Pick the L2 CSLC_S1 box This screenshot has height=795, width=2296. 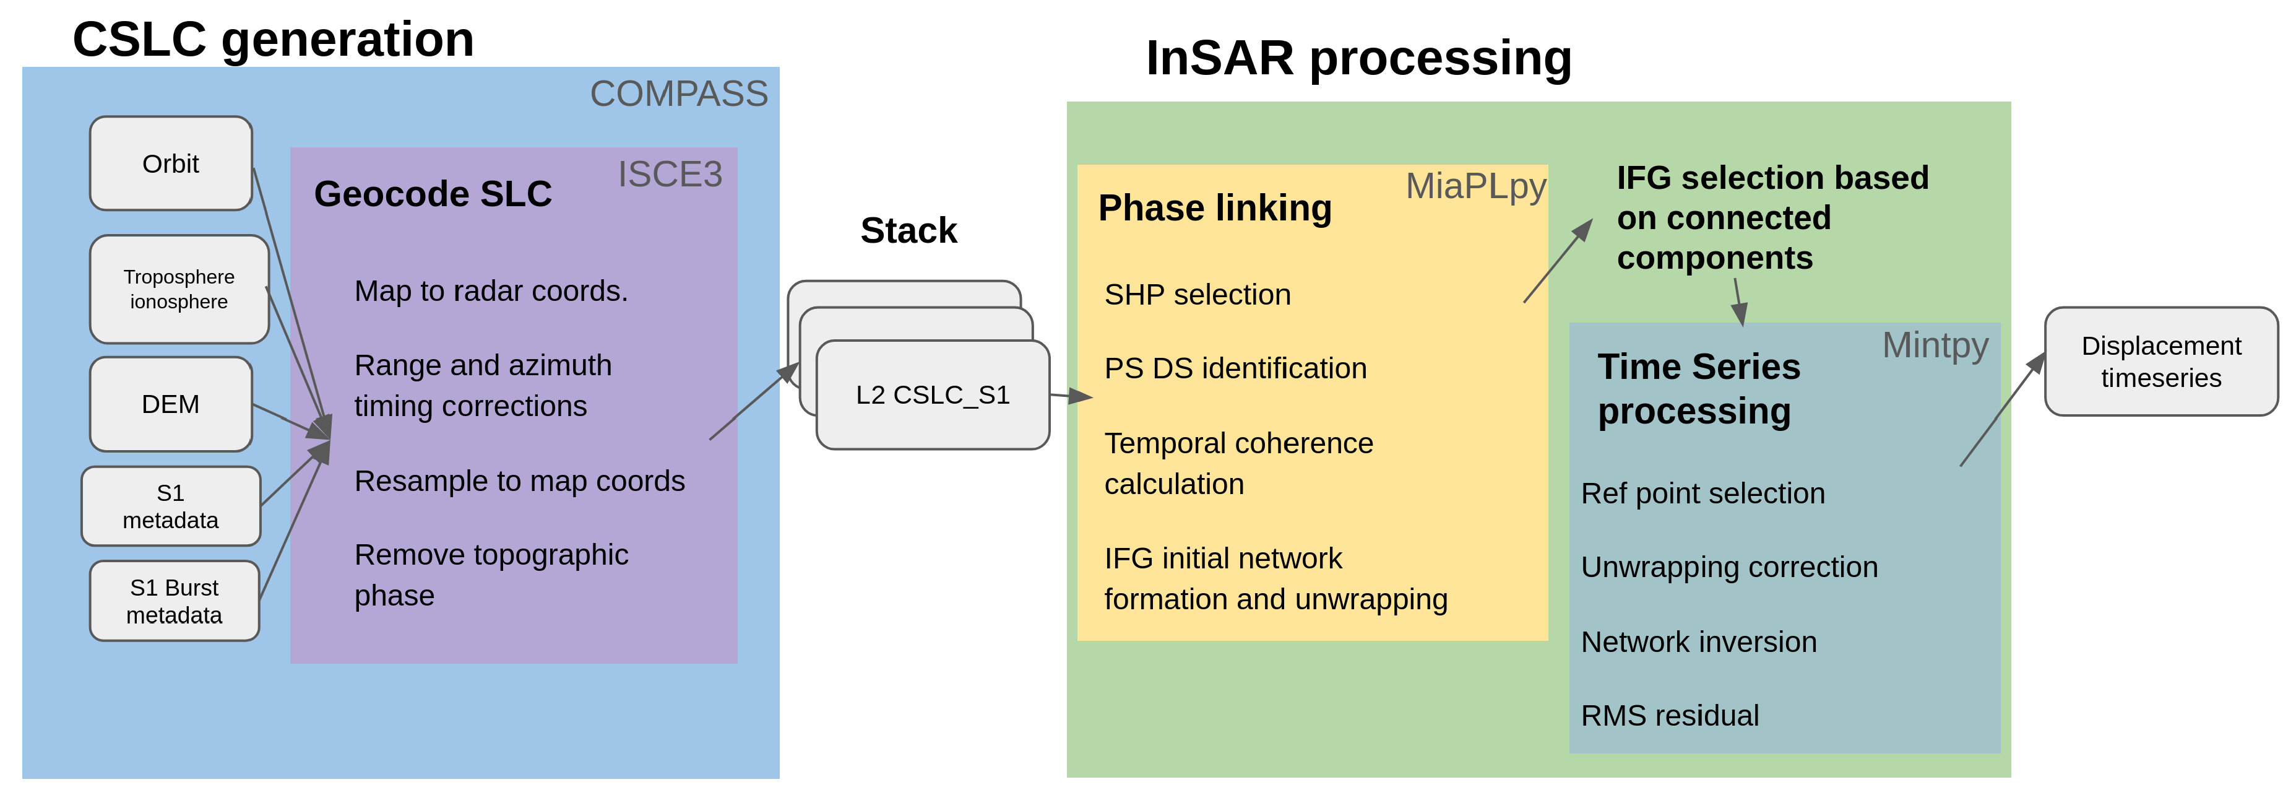[x=932, y=395]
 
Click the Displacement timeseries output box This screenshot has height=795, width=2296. [x=2160, y=362]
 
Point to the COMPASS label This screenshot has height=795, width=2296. [x=678, y=93]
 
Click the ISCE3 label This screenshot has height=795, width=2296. [x=670, y=175]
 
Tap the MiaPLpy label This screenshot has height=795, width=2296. [x=1475, y=187]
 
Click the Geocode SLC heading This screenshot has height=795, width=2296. [x=433, y=194]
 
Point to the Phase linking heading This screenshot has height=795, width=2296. [x=1215, y=209]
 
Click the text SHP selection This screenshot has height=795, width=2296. [x=1197, y=295]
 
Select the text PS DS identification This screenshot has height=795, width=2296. [x=1235, y=368]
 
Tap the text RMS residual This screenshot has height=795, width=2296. [x=1670, y=716]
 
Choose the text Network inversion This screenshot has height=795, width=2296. [x=1698, y=641]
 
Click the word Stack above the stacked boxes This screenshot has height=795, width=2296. [x=908, y=231]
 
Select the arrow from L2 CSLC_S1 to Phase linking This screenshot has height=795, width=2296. [x=1071, y=396]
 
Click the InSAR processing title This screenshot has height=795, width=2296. [x=1358, y=59]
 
